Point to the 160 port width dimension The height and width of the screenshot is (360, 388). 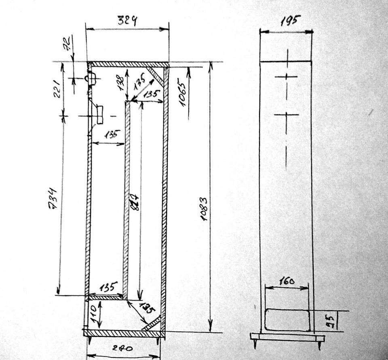(287, 280)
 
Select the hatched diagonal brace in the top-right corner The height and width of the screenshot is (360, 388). (155, 76)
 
